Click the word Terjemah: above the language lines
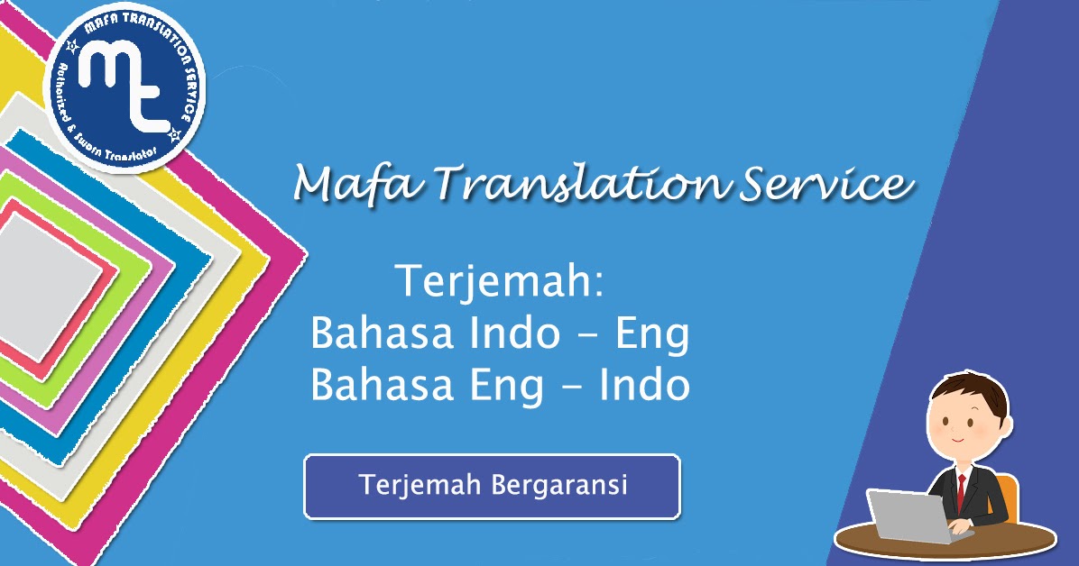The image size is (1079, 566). click(500, 285)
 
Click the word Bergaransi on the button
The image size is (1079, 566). click(559, 485)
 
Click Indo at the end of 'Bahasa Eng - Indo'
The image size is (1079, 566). click(645, 386)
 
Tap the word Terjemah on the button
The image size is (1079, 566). click(420, 485)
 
